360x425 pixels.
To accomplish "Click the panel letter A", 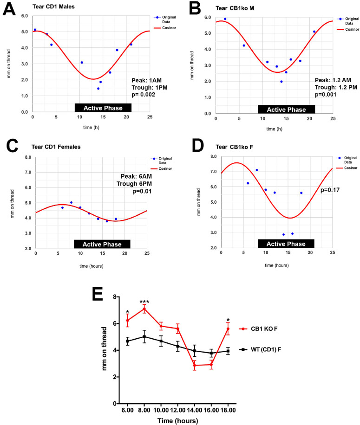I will pyautogui.click(x=10, y=10).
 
